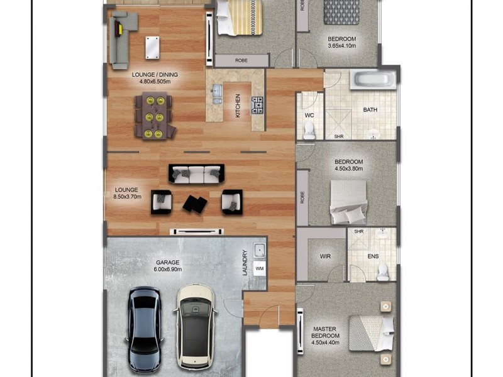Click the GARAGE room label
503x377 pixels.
[x=168, y=262]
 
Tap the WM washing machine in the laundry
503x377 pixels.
[x=260, y=268]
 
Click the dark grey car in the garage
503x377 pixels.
[x=145, y=329]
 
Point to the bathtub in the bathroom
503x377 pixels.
[x=373, y=80]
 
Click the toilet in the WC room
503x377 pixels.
[x=309, y=131]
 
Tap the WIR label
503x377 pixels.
[x=325, y=256]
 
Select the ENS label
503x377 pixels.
[x=373, y=256]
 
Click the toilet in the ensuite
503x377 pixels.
[x=383, y=272]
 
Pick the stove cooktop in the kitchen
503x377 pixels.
[x=257, y=105]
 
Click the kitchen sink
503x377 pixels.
[x=218, y=94]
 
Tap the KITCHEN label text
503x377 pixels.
[x=238, y=106]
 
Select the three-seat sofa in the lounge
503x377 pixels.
[x=196, y=174]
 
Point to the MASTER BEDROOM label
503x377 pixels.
[x=325, y=332]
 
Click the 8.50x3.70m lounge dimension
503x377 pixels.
[x=128, y=197]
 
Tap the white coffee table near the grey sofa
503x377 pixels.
[x=152, y=48]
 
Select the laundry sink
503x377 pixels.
[x=260, y=250]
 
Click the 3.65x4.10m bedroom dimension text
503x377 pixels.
[x=341, y=46]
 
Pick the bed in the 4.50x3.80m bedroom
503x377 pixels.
[x=349, y=202]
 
